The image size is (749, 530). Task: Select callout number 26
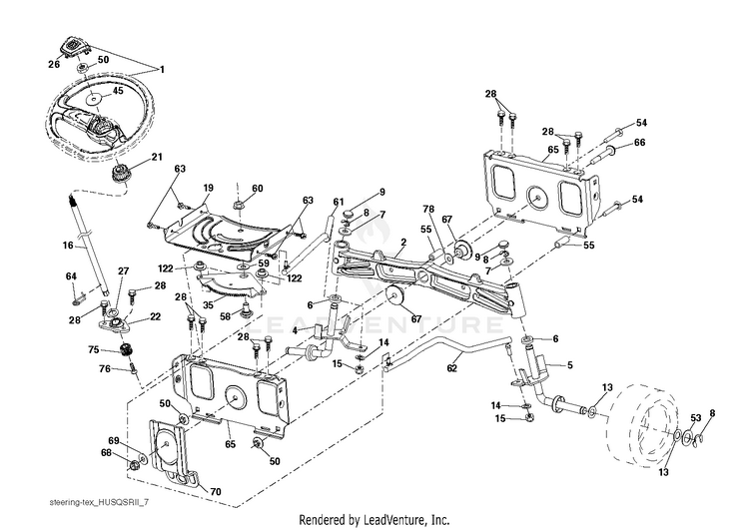[54, 64]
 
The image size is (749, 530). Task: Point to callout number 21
[157, 158]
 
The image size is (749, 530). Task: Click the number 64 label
[71, 275]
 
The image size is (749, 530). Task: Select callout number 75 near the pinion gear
[93, 350]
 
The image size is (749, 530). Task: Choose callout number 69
[114, 440]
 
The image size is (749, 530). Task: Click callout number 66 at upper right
[640, 143]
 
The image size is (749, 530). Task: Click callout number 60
[257, 189]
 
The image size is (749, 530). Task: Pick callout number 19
[209, 188]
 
